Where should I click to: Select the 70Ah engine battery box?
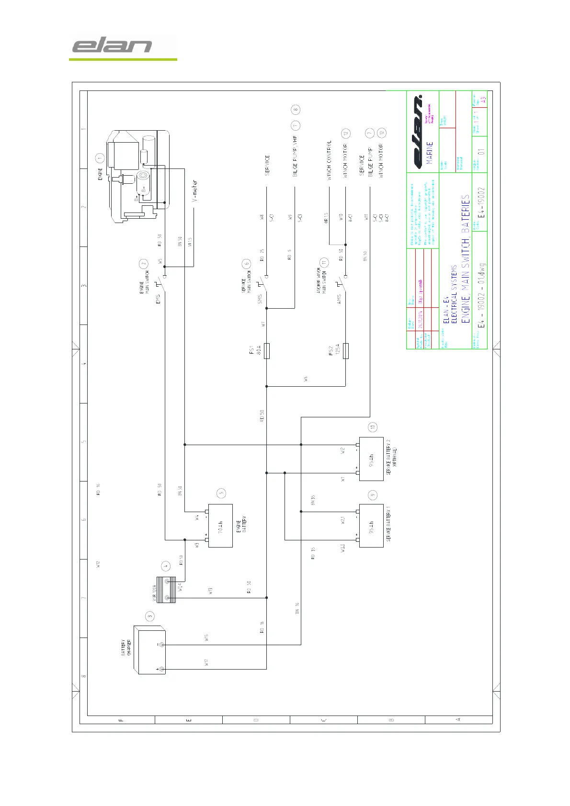[x=220, y=526]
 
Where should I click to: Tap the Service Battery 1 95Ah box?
[x=371, y=526]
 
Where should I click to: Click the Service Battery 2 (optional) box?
[x=371, y=459]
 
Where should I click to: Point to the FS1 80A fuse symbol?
[x=267, y=351]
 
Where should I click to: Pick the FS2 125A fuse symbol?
[x=346, y=351]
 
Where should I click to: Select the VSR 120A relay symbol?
[x=166, y=590]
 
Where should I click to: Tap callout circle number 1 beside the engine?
[x=100, y=157]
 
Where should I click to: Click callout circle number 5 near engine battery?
[x=221, y=493]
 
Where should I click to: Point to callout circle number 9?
[x=373, y=495]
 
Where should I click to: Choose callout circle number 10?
[x=373, y=427]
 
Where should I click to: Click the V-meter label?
[x=194, y=191]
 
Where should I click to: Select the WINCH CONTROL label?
[x=329, y=160]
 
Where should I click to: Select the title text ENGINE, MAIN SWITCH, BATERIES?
[x=465, y=259]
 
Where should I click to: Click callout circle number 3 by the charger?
[x=150, y=616]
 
